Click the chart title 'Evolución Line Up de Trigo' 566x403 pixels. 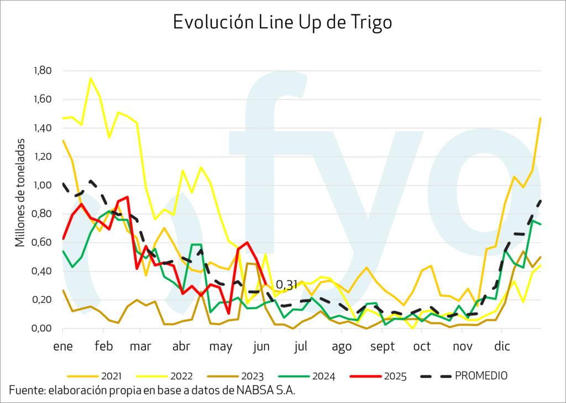coord(282,22)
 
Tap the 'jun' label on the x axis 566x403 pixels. coord(261,347)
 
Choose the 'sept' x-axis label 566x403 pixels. coord(382,347)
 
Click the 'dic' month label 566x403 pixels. coord(502,347)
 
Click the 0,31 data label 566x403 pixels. coord(286,285)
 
